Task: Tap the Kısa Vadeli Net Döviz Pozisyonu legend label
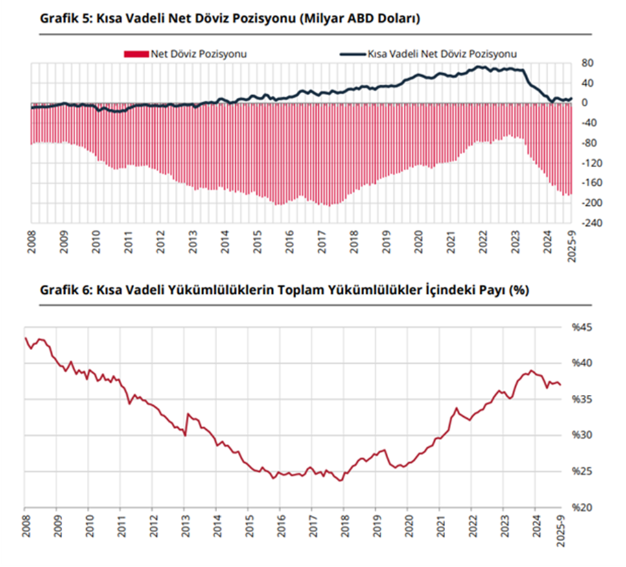(x=442, y=54)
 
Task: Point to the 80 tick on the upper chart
(x=587, y=63)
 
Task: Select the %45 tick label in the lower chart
(x=581, y=328)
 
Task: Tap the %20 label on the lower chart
(x=581, y=508)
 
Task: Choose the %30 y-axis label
(x=581, y=436)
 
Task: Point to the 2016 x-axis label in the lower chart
(x=280, y=526)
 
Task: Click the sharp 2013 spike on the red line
(x=188, y=414)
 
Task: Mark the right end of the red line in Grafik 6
(x=561, y=385)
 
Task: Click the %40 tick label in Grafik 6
(x=581, y=364)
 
